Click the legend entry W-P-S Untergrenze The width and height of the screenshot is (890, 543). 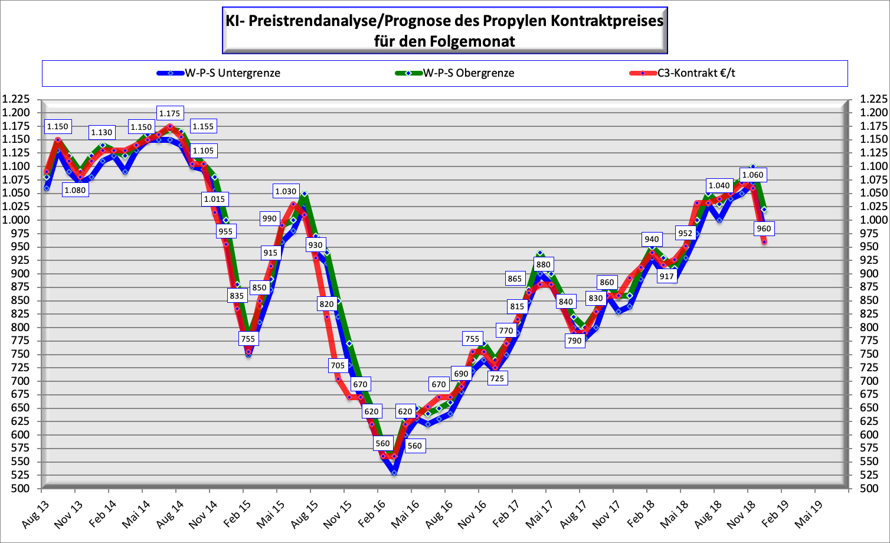pyautogui.click(x=233, y=73)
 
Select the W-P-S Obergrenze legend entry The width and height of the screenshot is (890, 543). pyautogui.click(x=468, y=73)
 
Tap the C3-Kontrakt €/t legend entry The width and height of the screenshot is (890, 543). pyautogui.click(x=696, y=73)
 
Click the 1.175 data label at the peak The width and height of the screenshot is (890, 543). pyautogui.click(x=170, y=113)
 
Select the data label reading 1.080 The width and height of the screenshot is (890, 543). pyautogui.click(x=75, y=190)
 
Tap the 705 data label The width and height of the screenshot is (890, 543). pyautogui.click(x=338, y=365)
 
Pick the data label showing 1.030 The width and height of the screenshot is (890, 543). pyautogui.click(x=286, y=191)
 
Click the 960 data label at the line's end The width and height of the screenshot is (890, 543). pyautogui.click(x=763, y=228)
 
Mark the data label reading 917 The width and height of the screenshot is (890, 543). pyautogui.click(x=666, y=276)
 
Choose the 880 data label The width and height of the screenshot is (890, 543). pyautogui.click(x=543, y=264)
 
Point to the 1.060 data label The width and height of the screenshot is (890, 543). pyautogui.click(x=752, y=175)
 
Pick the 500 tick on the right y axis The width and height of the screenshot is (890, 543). pyautogui.click(x=870, y=489)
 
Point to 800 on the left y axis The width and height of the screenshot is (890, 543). pyautogui.click(x=20, y=328)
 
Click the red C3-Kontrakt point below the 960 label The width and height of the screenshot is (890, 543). pyautogui.click(x=764, y=241)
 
